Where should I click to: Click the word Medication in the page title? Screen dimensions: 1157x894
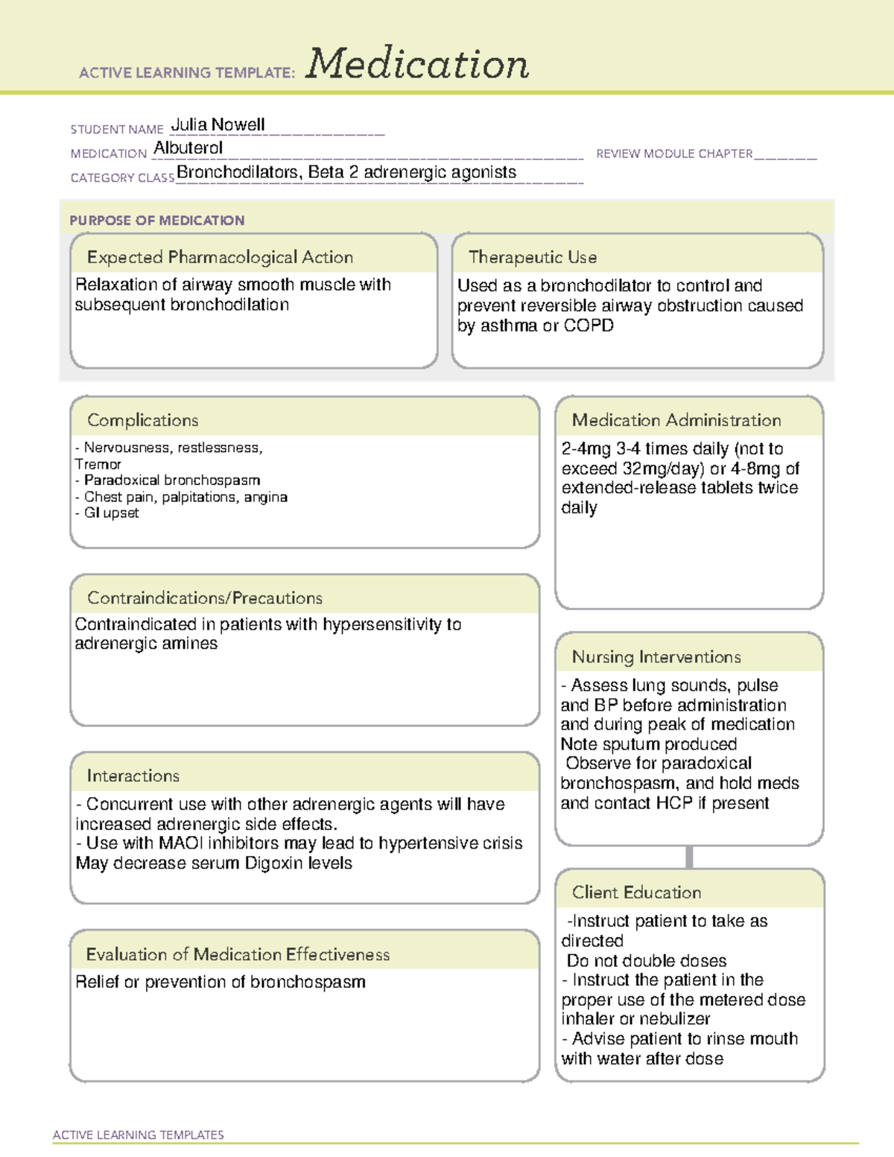click(x=417, y=64)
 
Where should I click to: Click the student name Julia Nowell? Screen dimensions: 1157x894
click(x=218, y=124)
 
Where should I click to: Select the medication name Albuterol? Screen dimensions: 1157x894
click(x=188, y=148)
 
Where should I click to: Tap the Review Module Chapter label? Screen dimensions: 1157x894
click(x=674, y=153)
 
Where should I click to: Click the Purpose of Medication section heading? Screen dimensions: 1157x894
click(x=156, y=221)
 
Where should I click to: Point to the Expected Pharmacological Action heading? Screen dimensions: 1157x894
click(x=220, y=257)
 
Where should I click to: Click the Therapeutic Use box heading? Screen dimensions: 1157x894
click(x=533, y=257)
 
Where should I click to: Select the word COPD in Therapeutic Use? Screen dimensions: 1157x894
click(x=589, y=326)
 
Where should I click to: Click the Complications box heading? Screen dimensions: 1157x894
click(x=143, y=420)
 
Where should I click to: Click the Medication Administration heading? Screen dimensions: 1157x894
click(x=676, y=420)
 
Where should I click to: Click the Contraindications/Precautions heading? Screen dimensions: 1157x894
click(x=205, y=598)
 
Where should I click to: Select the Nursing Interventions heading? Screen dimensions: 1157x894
click(x=656, y=657)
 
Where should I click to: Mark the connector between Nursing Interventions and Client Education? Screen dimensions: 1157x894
click(x=689, y=857)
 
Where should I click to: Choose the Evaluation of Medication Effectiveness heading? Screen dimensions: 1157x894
click(x=238, y=954)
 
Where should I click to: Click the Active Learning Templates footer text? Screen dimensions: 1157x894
click(x=139, y=1135)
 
